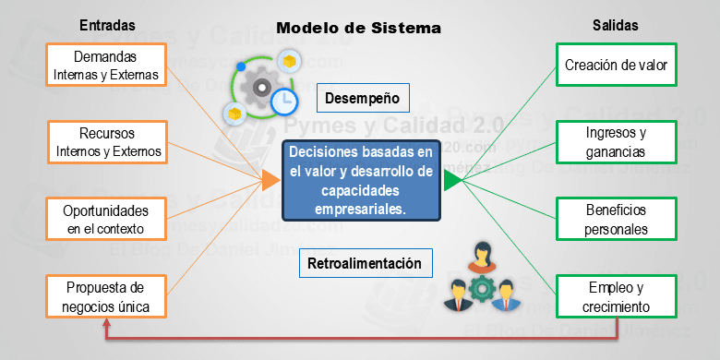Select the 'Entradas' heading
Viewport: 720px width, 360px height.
coord(107,25)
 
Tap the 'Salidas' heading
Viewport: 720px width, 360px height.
coord(615,25)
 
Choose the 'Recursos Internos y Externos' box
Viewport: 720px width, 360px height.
coord(108,141)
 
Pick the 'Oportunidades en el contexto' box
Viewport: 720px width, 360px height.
coord(108,219)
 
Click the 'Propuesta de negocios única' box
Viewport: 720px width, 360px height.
coord(108,297)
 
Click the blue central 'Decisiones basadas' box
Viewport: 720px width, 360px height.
coord(360,180)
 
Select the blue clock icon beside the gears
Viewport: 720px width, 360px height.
coord(283,101)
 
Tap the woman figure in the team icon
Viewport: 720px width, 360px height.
coord(479,256)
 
